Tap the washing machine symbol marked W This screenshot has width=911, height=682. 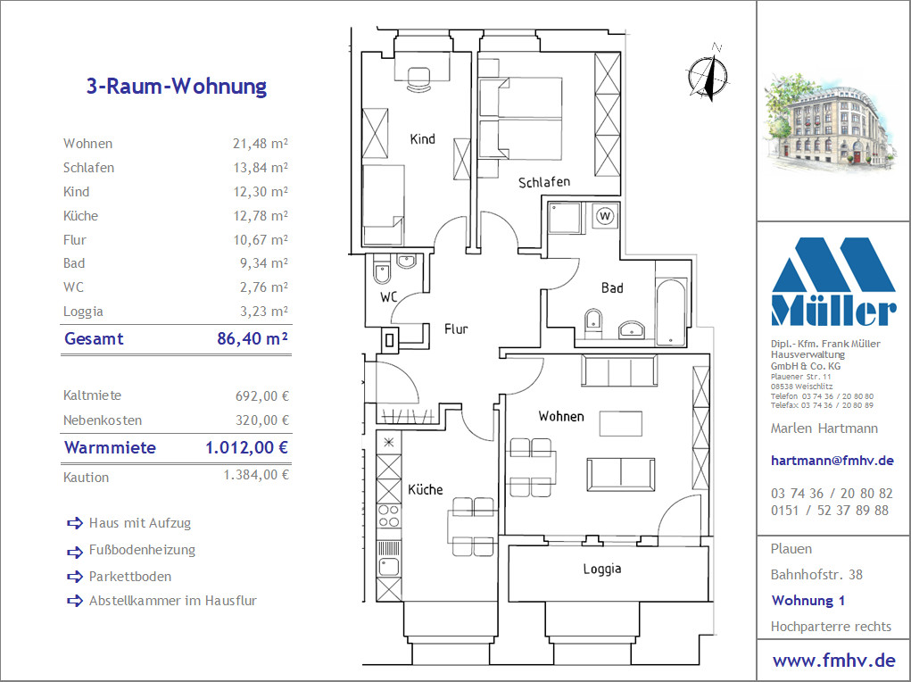[605, 216]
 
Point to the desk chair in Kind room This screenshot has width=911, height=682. [418, 79]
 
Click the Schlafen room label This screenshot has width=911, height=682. [543, 183]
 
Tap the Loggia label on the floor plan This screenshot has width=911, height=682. [602, 569]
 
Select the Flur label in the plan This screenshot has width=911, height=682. [456, 329]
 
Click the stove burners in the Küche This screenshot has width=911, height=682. [389, 516]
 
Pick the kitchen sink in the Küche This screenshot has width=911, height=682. [389, 567]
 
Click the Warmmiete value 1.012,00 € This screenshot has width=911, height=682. [247, 447]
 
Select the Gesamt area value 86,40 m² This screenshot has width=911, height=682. [253, 338]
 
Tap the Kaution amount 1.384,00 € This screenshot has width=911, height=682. [256, 475]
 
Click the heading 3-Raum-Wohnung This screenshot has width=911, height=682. [177, 86]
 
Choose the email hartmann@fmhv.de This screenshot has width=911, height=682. [832, 461]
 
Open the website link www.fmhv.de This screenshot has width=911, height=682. [834, 661]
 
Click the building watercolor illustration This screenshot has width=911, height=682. [830, 123]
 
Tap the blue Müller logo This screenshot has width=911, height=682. [833, 281]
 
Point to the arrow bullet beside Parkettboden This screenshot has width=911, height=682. [75, 577]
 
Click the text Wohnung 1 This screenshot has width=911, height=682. [808, 601]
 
